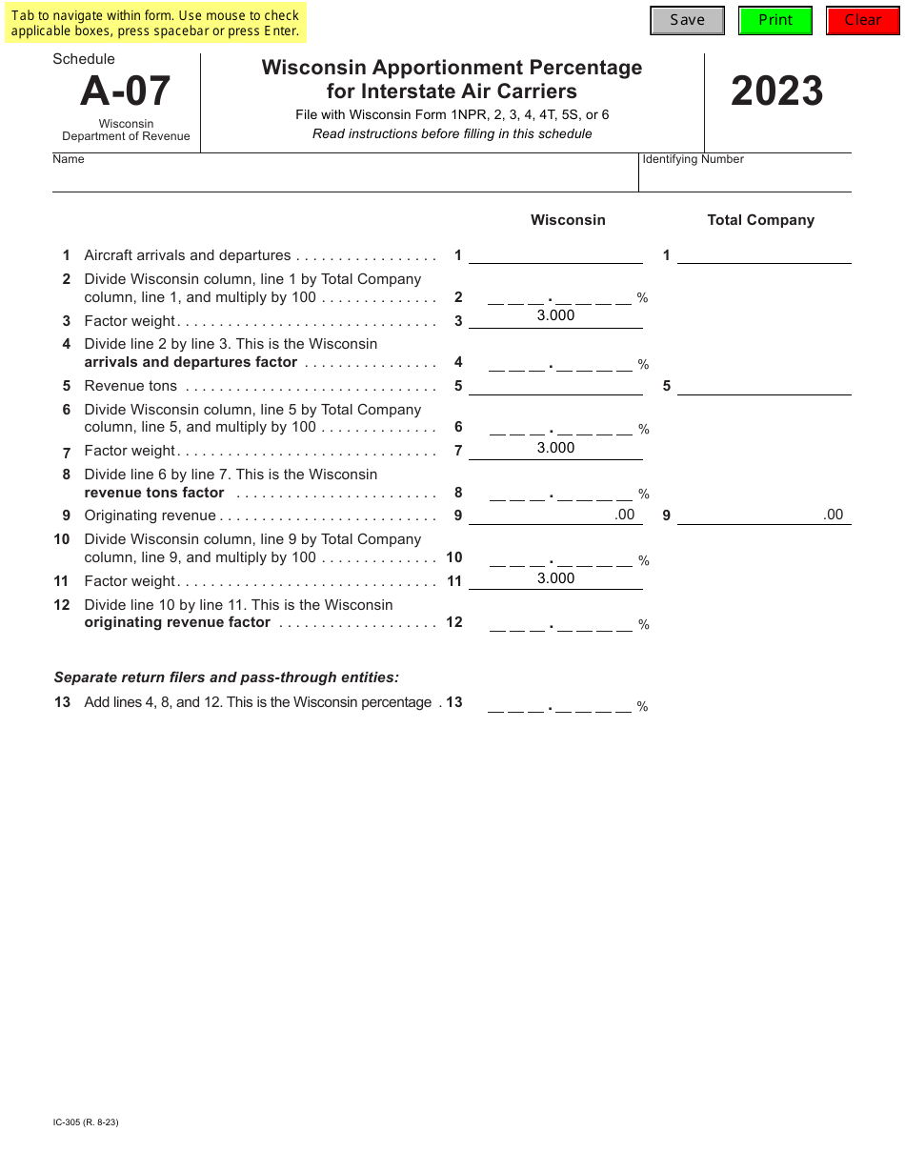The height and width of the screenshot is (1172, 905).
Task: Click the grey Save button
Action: (687, 20)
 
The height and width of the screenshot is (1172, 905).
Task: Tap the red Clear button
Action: (863, 20)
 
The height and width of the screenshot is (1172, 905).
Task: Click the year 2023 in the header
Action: (776, 91)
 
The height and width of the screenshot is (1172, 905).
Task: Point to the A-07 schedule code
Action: (126, 91)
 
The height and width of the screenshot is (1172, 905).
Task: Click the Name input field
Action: (344, 177)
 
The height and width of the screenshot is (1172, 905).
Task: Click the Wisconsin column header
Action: (568, 220)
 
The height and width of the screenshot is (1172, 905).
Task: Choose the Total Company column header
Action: (760, 220)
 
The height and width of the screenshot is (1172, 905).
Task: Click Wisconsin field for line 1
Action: (555, 254)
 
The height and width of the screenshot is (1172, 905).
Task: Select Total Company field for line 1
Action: (764, 254)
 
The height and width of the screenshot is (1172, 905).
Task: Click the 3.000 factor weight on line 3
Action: (555, 316)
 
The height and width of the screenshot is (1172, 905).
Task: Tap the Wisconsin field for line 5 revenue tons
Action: (555, 386)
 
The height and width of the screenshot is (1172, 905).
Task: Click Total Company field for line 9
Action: (764, 515)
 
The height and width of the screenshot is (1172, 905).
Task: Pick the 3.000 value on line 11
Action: (555, 578)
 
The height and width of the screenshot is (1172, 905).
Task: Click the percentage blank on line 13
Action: (560, 705)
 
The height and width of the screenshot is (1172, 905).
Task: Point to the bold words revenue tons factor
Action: (154, 493)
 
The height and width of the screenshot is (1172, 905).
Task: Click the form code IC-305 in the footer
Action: (86, 1121)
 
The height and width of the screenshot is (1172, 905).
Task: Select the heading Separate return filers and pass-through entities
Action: (227, 677)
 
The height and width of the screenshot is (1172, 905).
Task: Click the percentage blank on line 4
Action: (560, 363)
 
